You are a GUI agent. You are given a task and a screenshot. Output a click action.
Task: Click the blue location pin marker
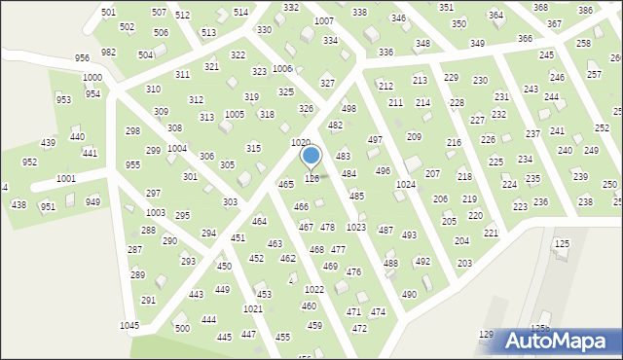(311, 157)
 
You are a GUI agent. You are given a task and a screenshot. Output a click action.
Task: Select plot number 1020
(301, 142)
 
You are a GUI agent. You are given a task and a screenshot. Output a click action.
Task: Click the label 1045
(129, 325)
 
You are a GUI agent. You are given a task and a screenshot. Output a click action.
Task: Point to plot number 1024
(406, 184)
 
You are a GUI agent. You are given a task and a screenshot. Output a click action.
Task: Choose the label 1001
(66, 179)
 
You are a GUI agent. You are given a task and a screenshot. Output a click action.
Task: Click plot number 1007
(323, 20)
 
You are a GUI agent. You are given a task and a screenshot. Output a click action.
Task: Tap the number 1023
(356, 227)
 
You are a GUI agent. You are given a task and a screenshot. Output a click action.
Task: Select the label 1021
(253, 308)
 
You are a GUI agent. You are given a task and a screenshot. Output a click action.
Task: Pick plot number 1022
(313, 290)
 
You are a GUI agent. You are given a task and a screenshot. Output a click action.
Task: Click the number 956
(82, 58)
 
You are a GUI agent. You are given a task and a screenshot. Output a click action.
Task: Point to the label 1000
(92, 77)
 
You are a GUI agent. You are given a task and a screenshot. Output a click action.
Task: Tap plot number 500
(182, 328)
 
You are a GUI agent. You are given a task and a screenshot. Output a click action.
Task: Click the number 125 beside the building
(561, 242)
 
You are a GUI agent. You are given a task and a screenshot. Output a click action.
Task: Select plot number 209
(414, 137)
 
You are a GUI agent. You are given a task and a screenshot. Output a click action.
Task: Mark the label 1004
(177, 149)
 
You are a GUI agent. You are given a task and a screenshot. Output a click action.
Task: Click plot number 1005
(235, 115)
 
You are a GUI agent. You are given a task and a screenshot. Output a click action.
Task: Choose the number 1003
(155, 212)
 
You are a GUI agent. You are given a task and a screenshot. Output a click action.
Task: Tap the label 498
(348, 108)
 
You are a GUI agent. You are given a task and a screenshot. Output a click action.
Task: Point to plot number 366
(525, 38)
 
